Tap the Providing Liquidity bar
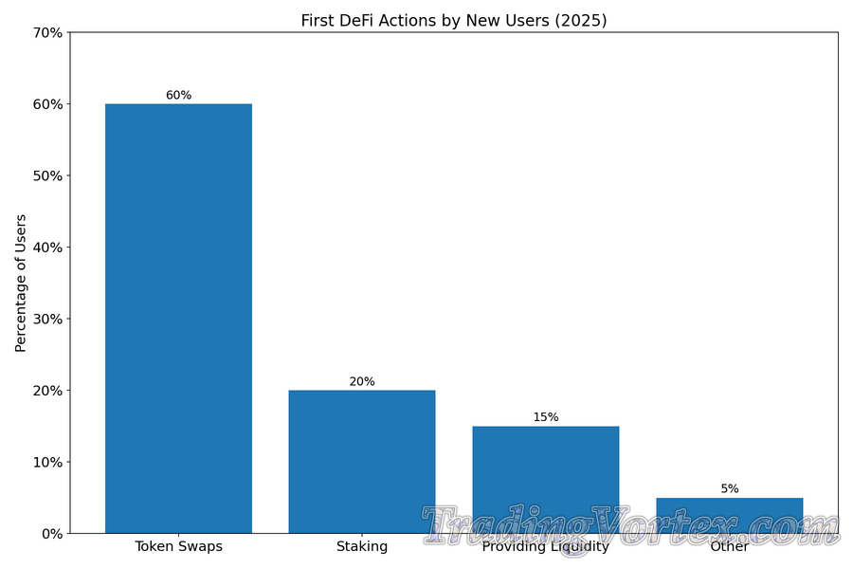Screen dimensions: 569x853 pyautogui.click(x=546, y=474)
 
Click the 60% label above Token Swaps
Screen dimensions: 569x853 pyautogui.click(x=178, y=95)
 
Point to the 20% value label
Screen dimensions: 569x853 pyautogui.click(x=362, y=381)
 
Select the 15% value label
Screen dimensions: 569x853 pyautogui.click(x=546, y=417)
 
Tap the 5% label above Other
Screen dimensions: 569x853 pyautogui.click(x=730, y=488)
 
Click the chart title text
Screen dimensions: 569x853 pyautogui.click(x=454, y=20)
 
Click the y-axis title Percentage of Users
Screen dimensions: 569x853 pyautogui.click(x=21, y=283)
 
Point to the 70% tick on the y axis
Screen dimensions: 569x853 pyautogui.click(x=46, y=32)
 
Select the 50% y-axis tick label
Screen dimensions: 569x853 pyautogui.click(x=46, y=175)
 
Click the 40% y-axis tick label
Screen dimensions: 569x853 pyautogui.click(x=46, y=248)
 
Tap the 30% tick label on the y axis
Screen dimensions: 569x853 pyautogui.click(x=46, y=319)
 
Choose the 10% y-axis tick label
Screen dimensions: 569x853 pyautogui.click(x=46, y=462)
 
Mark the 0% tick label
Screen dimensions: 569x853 pyautogui.click(x=50, y=534)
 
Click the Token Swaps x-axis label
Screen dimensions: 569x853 pyautogui.click(x=178, y=547)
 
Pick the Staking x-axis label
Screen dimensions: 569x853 pyautogui.click(x=362, y=547)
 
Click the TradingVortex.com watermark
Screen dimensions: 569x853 pyautogui.click(x=630, y=526)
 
